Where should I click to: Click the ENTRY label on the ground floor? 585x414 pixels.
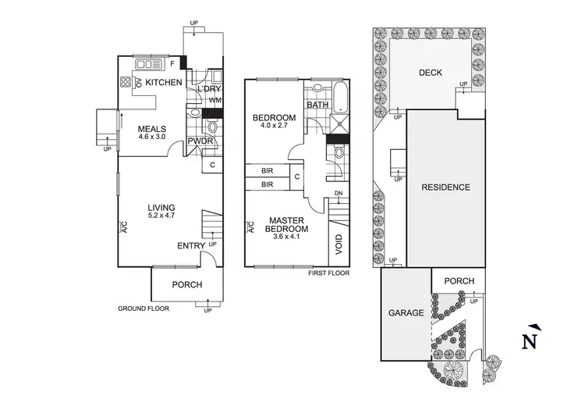click(191, 246)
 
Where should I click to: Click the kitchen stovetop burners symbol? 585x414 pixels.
click(126, 82)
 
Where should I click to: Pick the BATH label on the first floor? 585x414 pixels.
click(317, 105)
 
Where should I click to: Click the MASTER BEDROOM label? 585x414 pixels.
click(287, 224)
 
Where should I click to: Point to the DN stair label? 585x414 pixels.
click(339, 193)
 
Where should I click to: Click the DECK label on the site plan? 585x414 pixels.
click(430, 73)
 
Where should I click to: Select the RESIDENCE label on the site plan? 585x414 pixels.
click(445, 187)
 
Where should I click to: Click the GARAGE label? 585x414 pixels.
click(406, 312)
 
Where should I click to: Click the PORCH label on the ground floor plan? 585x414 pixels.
click(186, 284)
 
